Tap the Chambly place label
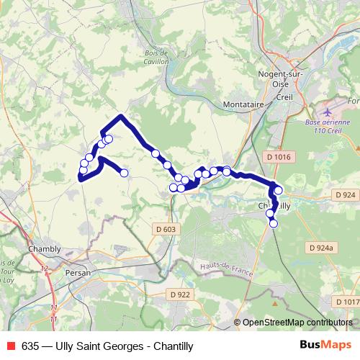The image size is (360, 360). [43, 249]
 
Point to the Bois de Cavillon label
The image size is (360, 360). [156, 58]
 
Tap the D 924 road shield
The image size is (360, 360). [345, 195]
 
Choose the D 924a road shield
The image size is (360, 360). [322, 248]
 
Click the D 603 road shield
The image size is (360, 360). [164, 229]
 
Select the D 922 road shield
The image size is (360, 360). [181, 294]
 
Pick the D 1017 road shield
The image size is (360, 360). [346, 302]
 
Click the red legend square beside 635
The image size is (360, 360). [10, 346]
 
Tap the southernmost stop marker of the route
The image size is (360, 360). [274, 224]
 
